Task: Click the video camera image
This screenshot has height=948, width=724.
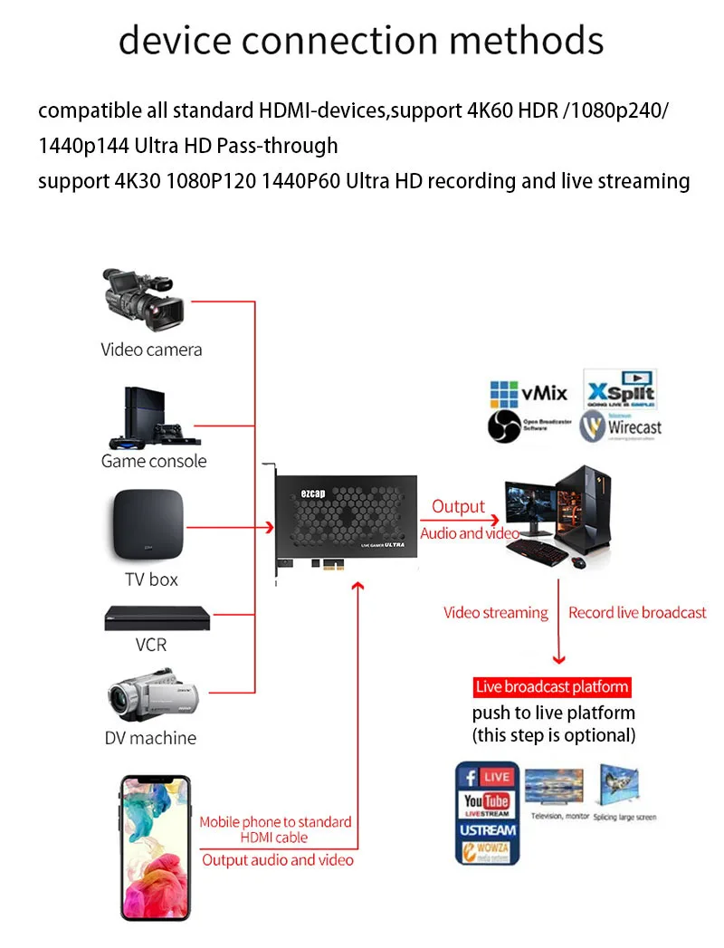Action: [x=144, y=300]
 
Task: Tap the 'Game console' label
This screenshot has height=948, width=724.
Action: [x=154, y=461]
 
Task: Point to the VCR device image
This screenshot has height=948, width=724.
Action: [x=157, y=618]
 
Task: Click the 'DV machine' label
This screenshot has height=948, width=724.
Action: [x=150, y=738]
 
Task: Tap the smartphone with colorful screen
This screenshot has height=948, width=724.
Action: [x=157, y=847]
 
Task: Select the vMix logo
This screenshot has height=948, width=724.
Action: [x=529, y=393]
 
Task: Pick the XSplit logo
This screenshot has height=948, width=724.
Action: [x=619, y=390]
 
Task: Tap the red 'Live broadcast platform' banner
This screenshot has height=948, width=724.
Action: [x=552, y=687]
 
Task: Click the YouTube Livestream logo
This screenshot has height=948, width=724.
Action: [x=487, y=804]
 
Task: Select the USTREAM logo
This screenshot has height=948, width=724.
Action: [x=487, y=829]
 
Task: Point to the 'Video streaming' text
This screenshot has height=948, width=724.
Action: [x=495, y=613]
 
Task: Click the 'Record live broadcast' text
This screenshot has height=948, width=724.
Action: [x=637, y=613]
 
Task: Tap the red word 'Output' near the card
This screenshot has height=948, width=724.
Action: [x=458, y=507]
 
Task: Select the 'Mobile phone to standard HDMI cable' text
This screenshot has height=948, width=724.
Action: [x=275, y=829]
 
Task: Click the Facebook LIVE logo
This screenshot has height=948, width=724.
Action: [x=487, y=777]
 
